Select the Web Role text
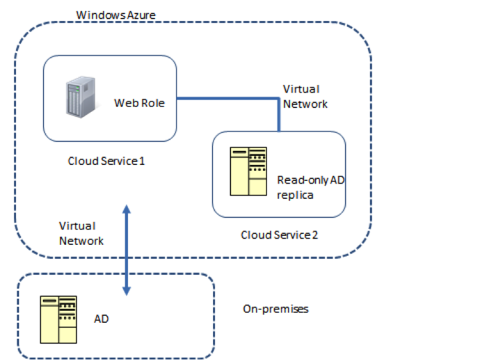139,102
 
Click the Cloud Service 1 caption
106,160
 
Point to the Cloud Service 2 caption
279,235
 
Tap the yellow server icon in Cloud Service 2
248,171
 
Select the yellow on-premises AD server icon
58,318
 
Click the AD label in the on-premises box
101,318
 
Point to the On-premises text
276,309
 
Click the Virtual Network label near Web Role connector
305,97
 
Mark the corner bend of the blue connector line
279,99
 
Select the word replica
295,194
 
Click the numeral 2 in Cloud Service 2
314,235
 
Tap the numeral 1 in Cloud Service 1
141,160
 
